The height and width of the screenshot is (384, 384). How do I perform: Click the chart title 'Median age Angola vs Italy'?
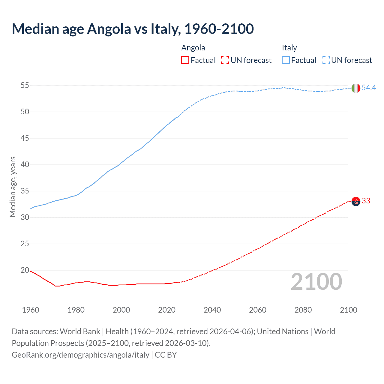(133, 29)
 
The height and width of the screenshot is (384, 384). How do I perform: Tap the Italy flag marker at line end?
(355, 88)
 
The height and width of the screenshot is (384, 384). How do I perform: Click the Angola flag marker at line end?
(355, 201)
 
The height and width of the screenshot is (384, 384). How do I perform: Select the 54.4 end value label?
(369, 88)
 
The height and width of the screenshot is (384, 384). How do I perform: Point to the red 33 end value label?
(366, 201)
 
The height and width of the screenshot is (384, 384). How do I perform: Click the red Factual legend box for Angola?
(185, 60)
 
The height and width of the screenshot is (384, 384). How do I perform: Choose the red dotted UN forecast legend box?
(225, 60)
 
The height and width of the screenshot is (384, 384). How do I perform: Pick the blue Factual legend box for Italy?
(286, 60)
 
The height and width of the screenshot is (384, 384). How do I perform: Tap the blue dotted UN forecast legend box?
(326, 60)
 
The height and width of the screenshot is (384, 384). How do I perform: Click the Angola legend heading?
(193, 48)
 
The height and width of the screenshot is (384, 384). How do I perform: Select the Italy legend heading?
(289, 48)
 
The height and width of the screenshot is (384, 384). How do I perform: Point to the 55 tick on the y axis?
(25, 85)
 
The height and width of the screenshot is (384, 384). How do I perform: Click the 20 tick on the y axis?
(25, 270)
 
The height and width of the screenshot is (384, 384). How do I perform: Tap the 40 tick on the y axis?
(25, 165)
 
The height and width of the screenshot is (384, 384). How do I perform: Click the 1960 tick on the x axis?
(31, 310)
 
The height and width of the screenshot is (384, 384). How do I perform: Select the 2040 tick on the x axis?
(212, 310)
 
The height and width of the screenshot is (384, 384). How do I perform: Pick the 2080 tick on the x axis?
(303, 310)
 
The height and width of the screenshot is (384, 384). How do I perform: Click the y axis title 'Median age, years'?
(13, 187)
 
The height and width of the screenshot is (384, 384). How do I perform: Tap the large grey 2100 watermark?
(316, 281)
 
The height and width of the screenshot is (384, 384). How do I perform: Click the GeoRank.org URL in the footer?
(80, 355)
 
